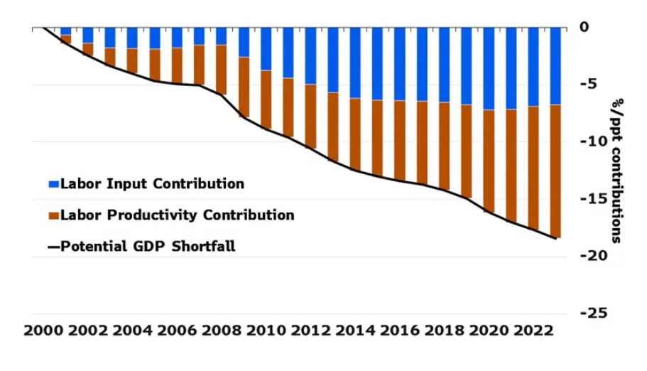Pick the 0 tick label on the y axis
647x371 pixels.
tap(585, 27)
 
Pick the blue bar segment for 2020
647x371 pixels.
tap(488, 68)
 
